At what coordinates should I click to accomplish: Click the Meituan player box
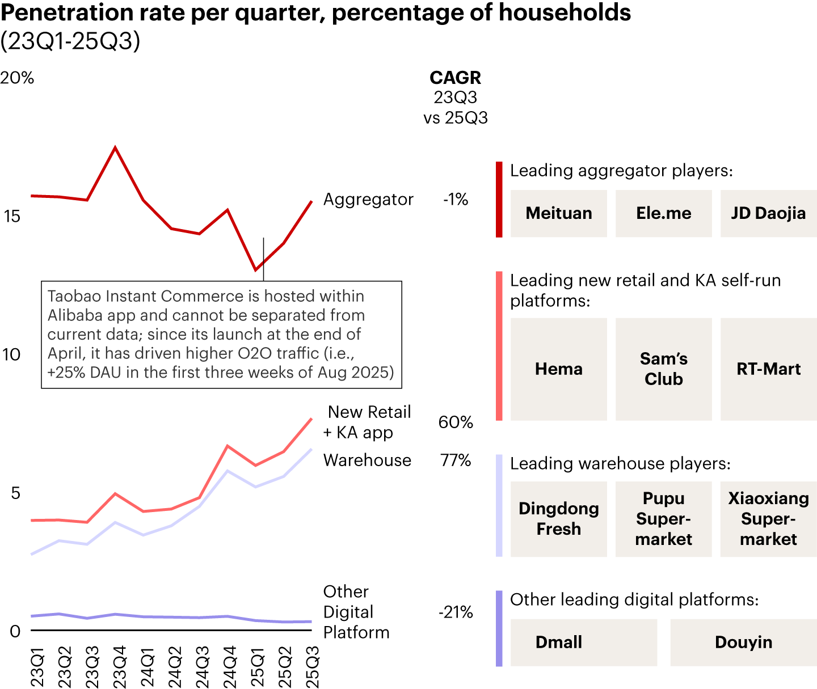(559, 213)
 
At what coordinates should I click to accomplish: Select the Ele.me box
(663, 213)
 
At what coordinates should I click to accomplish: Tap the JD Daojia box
(768, 213)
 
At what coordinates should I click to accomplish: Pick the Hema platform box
(559, 369)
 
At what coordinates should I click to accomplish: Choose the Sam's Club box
(663, 369)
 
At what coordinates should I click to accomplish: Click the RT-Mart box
(768, 369)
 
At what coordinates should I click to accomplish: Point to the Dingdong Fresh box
(559, 519)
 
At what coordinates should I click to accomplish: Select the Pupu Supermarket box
(663, 519)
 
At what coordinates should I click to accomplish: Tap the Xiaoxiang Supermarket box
(768, 519)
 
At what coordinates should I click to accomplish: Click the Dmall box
(583, 642)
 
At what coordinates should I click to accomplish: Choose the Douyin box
(743, 642)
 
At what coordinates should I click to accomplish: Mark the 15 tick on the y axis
(12, 216)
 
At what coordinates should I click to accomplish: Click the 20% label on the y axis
(17, 78)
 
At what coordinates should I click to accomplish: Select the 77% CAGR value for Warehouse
(456, 460)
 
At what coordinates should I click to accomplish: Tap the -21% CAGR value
(456, 612)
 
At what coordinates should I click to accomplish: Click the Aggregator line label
(368, 200)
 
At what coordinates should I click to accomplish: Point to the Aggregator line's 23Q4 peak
(115, 147)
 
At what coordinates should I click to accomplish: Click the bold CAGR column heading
(456, 78)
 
